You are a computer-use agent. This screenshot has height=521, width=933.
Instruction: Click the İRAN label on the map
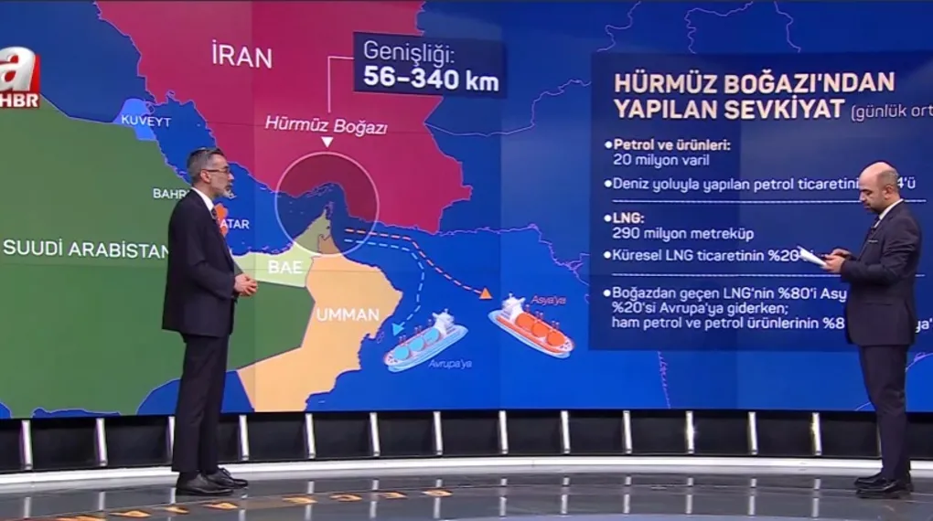(241, 56)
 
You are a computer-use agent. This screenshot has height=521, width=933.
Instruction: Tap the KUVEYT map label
(145, 121)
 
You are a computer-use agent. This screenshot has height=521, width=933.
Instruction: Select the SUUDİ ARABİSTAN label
(85, 249)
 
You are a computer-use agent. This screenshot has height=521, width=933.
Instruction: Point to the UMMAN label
(348, 315)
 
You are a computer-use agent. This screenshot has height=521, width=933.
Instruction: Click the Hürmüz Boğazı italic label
(326, 125)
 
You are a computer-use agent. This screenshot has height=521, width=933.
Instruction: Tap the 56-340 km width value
(431, 79)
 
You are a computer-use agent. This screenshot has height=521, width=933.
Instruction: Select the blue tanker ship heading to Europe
(426, 339)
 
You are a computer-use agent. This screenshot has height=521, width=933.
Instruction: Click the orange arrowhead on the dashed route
(486, 293)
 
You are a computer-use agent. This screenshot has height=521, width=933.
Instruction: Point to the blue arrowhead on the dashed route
(398, 328)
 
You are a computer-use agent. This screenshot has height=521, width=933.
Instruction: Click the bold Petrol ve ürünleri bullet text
(676, 144)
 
